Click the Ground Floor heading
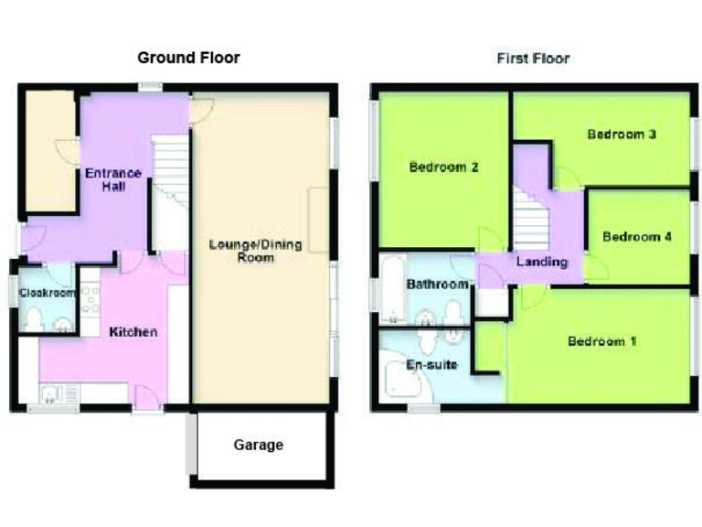188,58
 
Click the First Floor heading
533,59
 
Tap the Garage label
258,446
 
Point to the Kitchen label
133,331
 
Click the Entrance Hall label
113,179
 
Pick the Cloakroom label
47,293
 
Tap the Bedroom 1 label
601,341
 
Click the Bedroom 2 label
444,167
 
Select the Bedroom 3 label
622,134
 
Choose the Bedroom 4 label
637,237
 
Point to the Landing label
542,262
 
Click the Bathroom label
437,285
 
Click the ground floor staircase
168,192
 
